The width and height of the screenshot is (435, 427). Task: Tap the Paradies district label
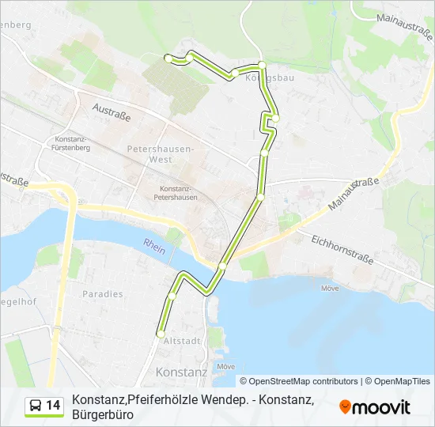[103, 294]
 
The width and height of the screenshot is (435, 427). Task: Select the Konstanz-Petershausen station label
[179, 193]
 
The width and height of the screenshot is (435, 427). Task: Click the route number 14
[53, 406]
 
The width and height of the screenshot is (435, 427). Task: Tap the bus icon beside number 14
[36, 406]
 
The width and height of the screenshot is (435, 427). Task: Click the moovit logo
[375, 407]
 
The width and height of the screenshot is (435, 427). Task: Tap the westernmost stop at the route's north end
[167, 58]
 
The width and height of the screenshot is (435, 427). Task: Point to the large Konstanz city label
[182, 372]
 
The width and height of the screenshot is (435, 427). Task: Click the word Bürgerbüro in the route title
[102, 414]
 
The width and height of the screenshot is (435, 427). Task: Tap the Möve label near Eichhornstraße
[329, 289]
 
